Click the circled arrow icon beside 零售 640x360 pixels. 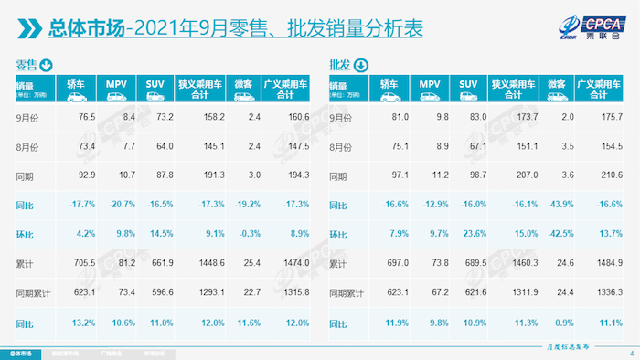coord(46,65)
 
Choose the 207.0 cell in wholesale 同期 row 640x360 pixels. coord(517,176)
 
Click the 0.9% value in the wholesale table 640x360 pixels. coord(560,323)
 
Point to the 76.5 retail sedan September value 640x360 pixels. coord(87,117)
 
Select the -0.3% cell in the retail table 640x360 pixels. coord(243,236)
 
